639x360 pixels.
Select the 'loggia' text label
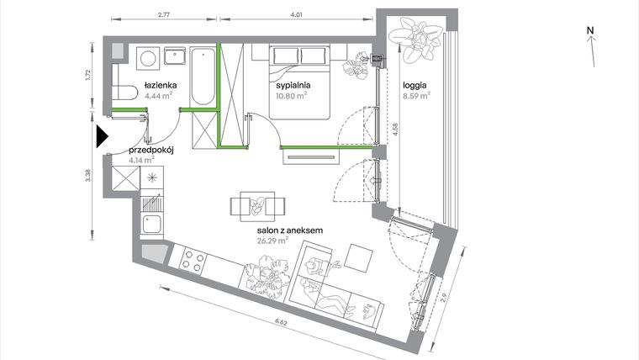(415, 85)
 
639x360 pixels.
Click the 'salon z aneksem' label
(268, 229)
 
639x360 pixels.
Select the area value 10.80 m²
(291, 96)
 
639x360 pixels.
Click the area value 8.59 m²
(415, 96)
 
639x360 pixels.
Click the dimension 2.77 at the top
(163, 14)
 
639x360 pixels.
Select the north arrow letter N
(591, 31)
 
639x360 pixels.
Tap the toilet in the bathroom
(124, 93)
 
